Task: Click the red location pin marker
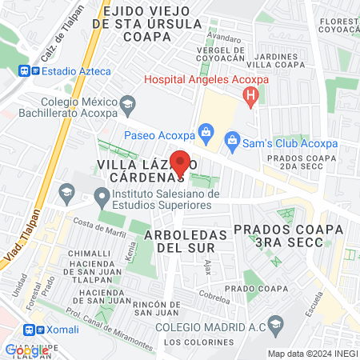(x=181, y=162)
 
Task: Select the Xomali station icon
(x=30, y=330)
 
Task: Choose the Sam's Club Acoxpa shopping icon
(x=232, y=143)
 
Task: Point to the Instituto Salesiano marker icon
(x=101, y=194)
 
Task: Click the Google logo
(x=27, y=350)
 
